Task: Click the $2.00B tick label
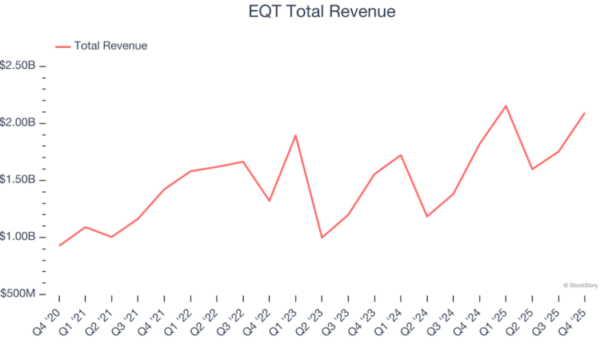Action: (x=18, y=122)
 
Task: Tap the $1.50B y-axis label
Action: (x=18, y=180)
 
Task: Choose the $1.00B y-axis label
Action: (x=18, y=238)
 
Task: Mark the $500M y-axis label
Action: (x=18, y=294)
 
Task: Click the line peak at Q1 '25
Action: (x=506, y=106)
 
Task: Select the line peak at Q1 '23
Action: (x=296, y=135)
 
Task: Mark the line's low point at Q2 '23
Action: (x=322, y=238)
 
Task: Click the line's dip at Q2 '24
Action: (x=427, y=216)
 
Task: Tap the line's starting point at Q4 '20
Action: (x=59, y=246)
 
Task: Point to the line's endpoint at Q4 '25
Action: (x=584, y=113)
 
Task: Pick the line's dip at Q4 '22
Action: (x=270, y=201)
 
